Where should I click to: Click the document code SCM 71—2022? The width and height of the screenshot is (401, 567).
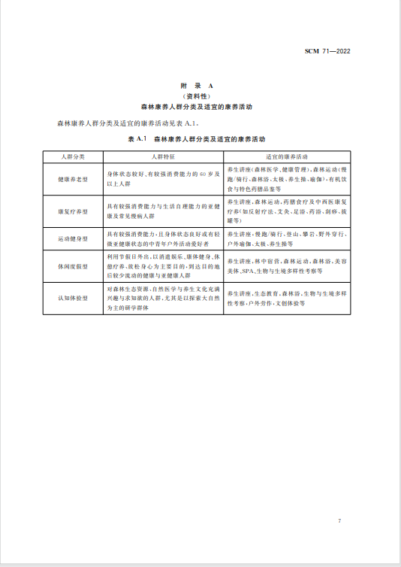[328, 52]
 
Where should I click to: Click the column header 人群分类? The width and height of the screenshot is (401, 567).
[73, 156]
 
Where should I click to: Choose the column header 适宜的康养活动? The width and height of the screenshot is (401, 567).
[288, 156]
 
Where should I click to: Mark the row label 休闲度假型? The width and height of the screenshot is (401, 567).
[73, 266]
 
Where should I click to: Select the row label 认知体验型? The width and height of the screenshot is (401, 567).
[73, 297]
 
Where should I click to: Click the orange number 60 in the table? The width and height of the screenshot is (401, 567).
[203, 174]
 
